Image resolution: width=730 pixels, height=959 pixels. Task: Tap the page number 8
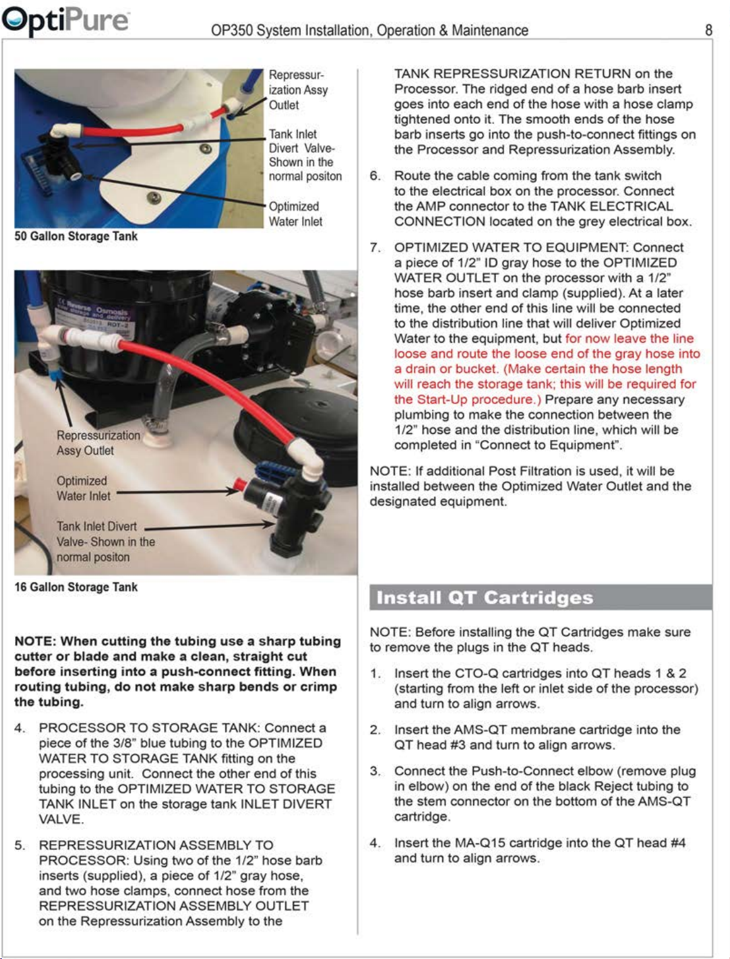point(709,30)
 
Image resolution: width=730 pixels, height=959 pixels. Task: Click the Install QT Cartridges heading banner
point(541,597)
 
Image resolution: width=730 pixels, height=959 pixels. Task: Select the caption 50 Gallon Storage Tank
point(76,236)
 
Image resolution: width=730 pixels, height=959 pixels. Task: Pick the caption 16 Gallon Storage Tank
point(76,587)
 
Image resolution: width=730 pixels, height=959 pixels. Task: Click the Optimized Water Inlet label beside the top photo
point(295,213)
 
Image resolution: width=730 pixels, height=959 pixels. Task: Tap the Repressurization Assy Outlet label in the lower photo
point(98,443)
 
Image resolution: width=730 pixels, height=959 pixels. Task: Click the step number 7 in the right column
point(375,247)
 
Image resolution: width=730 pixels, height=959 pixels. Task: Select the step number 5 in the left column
point(19,845)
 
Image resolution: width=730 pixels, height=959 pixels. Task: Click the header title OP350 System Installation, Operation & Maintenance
point(369,30)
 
